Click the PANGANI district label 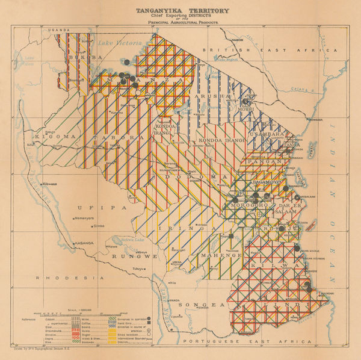pos(265,161)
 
